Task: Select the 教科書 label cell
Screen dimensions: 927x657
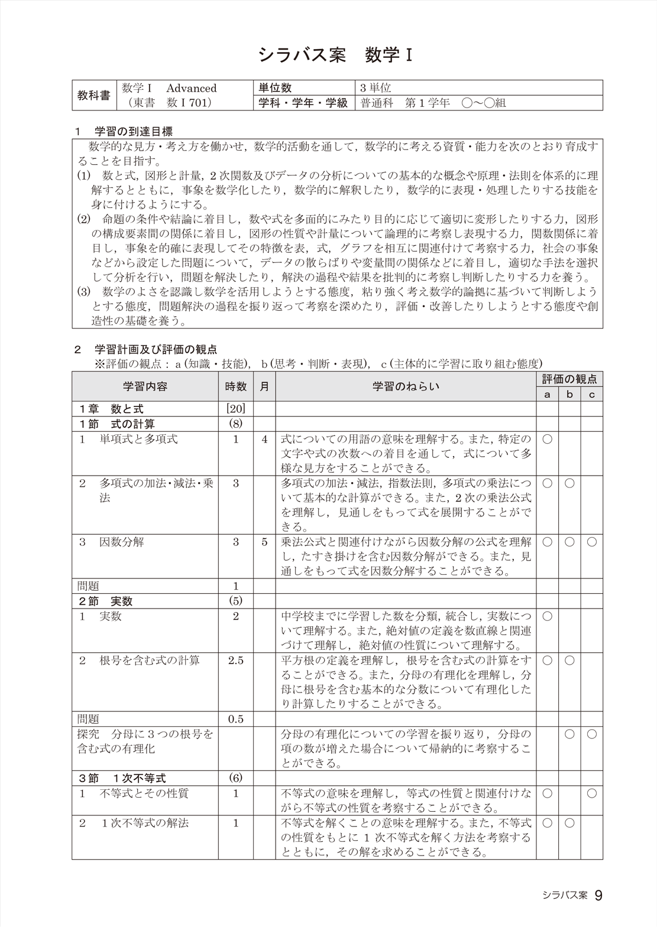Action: (94, 95)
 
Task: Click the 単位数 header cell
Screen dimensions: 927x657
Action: (275, 88)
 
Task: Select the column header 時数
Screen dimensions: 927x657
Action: (235, 386)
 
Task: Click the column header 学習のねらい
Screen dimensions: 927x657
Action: (406, 386)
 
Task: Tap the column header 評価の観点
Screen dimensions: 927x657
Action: (569, 379)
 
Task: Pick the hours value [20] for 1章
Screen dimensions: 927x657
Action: (235, 409)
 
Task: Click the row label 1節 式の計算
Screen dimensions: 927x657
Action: (117, 424)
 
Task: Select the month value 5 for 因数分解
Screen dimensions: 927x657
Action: (264, 542)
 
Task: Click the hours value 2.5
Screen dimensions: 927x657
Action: (235, 660)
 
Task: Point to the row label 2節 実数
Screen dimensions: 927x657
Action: (105, 601)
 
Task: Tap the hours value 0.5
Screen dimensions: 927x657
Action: (235, 719)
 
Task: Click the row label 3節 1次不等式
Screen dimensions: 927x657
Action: (122, 778)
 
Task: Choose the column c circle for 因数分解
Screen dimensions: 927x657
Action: (591, 542)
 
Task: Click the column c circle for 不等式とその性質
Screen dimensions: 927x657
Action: (591, 793)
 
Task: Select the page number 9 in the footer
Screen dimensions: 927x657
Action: (598, 896)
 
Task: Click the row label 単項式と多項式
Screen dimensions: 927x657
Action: (138, 439)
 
